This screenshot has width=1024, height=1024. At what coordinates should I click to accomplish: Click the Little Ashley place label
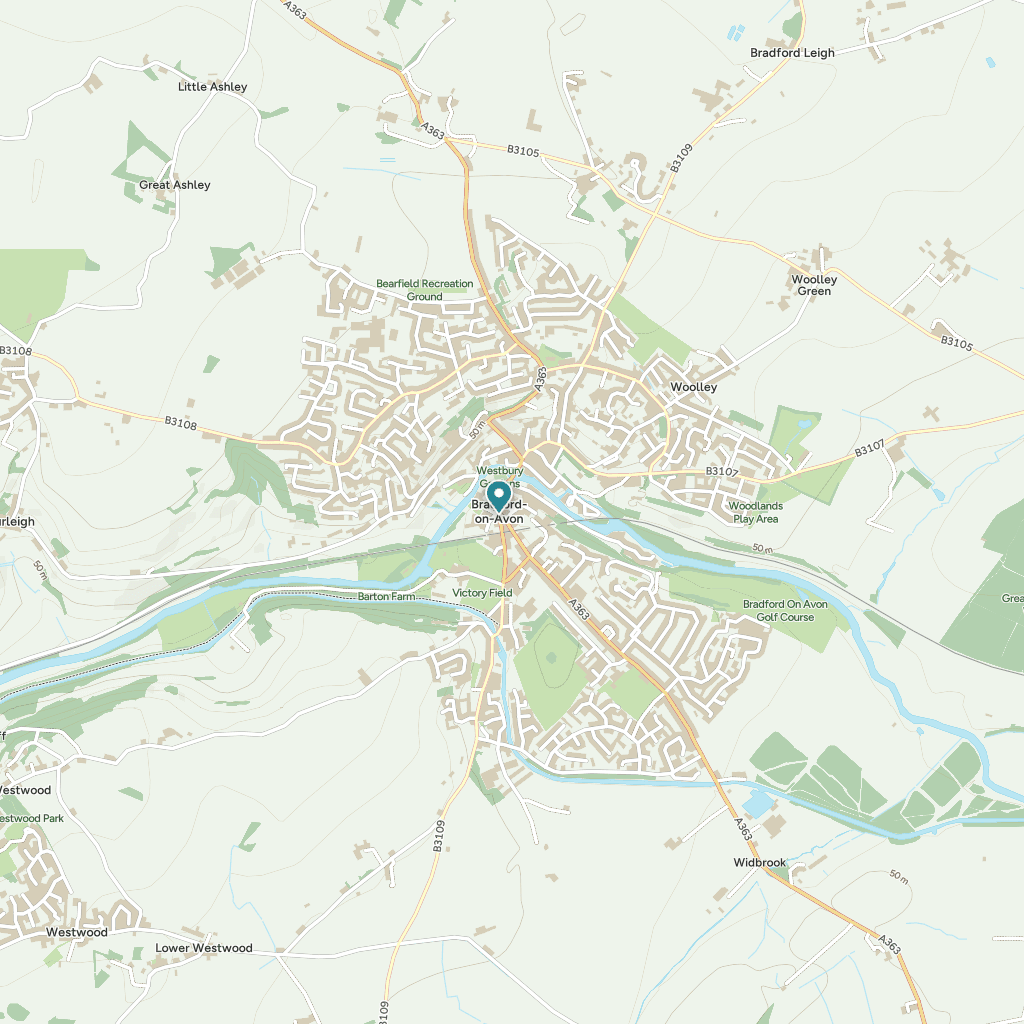(x=212, y=87)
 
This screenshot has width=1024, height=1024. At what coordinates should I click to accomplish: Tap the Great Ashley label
(x=175, y=185)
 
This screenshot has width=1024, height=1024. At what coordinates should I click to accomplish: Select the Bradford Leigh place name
(x=792, y=53)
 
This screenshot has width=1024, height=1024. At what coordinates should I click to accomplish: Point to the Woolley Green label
(x=813, y=285)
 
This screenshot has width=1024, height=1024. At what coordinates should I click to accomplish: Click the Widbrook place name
(x=760, y=862)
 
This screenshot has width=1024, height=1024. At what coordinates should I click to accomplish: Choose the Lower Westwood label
(x=204, y=948)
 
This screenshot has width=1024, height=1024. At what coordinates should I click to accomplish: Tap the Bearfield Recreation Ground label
(x=424, y=290)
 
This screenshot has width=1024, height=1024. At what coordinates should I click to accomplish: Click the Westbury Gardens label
(x=499, y=476)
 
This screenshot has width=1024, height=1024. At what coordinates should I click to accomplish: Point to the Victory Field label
(x=482, y=593)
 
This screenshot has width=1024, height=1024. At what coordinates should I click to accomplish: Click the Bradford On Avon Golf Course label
(x=785, y=611)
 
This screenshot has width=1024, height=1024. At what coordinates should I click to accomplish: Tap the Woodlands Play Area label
(x=755, y=512)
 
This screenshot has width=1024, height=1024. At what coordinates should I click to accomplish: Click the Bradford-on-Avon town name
(x=505, y=512)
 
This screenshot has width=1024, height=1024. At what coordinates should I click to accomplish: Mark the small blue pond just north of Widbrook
(x=757, y=804)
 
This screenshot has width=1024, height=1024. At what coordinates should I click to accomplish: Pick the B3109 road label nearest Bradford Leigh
(x=681, y=159)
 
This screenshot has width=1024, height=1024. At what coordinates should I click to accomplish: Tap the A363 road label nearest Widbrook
(x=743, y=829)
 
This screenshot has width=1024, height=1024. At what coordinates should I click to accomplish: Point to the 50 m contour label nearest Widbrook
(x=898, y=876)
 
